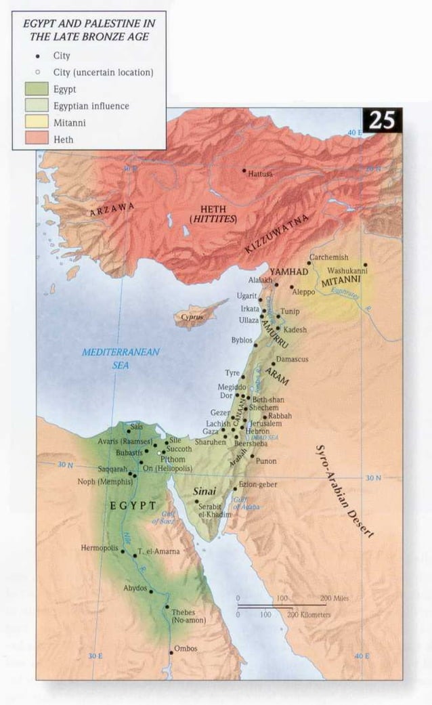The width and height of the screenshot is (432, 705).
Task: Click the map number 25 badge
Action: (383, 121)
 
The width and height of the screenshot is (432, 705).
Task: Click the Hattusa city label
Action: (261, 174)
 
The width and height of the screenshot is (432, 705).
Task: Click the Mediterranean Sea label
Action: (121, 358)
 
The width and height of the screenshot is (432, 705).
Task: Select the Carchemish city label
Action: (328, 257)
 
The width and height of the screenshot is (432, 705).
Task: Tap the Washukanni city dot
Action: (365, 265)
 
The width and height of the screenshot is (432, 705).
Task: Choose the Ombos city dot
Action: (171, 653)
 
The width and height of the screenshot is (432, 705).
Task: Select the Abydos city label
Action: (135, 588)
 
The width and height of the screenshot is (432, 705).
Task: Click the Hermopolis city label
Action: (100, 547)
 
